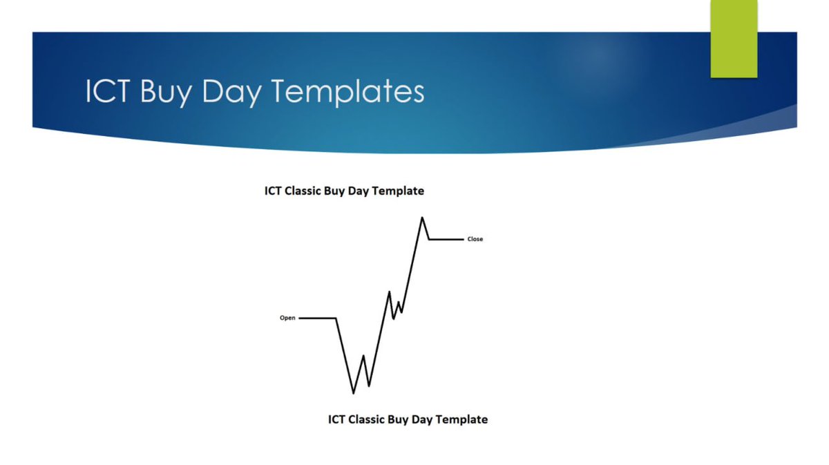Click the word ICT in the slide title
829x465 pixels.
108,92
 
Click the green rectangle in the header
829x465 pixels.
734,39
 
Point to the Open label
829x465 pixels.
287,319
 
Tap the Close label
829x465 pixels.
475,240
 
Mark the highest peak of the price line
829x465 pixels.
421,218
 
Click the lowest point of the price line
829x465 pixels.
354,393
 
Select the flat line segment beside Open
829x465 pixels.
318,319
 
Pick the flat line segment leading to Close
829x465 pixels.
446,240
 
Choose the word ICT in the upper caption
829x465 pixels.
272,191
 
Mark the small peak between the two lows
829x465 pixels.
363,356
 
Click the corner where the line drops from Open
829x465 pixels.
336,319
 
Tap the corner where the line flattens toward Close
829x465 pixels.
430,240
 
